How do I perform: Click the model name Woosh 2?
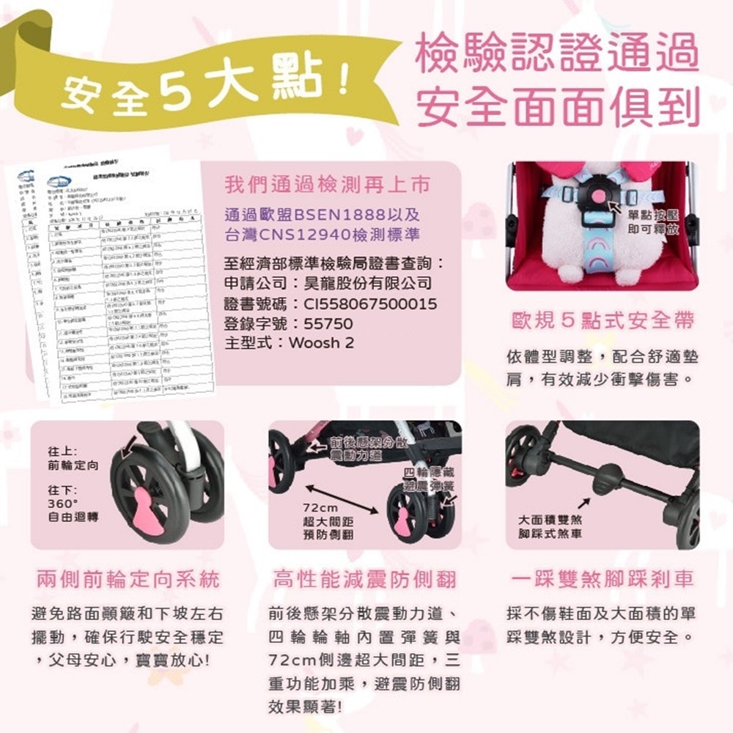pyautogui.click(x=322, y=343)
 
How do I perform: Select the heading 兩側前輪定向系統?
pyautogui.click(x=128, y=580)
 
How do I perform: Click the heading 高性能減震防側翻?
pyautogui.click(x=364, y=580)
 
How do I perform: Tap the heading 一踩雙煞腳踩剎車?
pyautogui.click(x=602, y=580)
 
